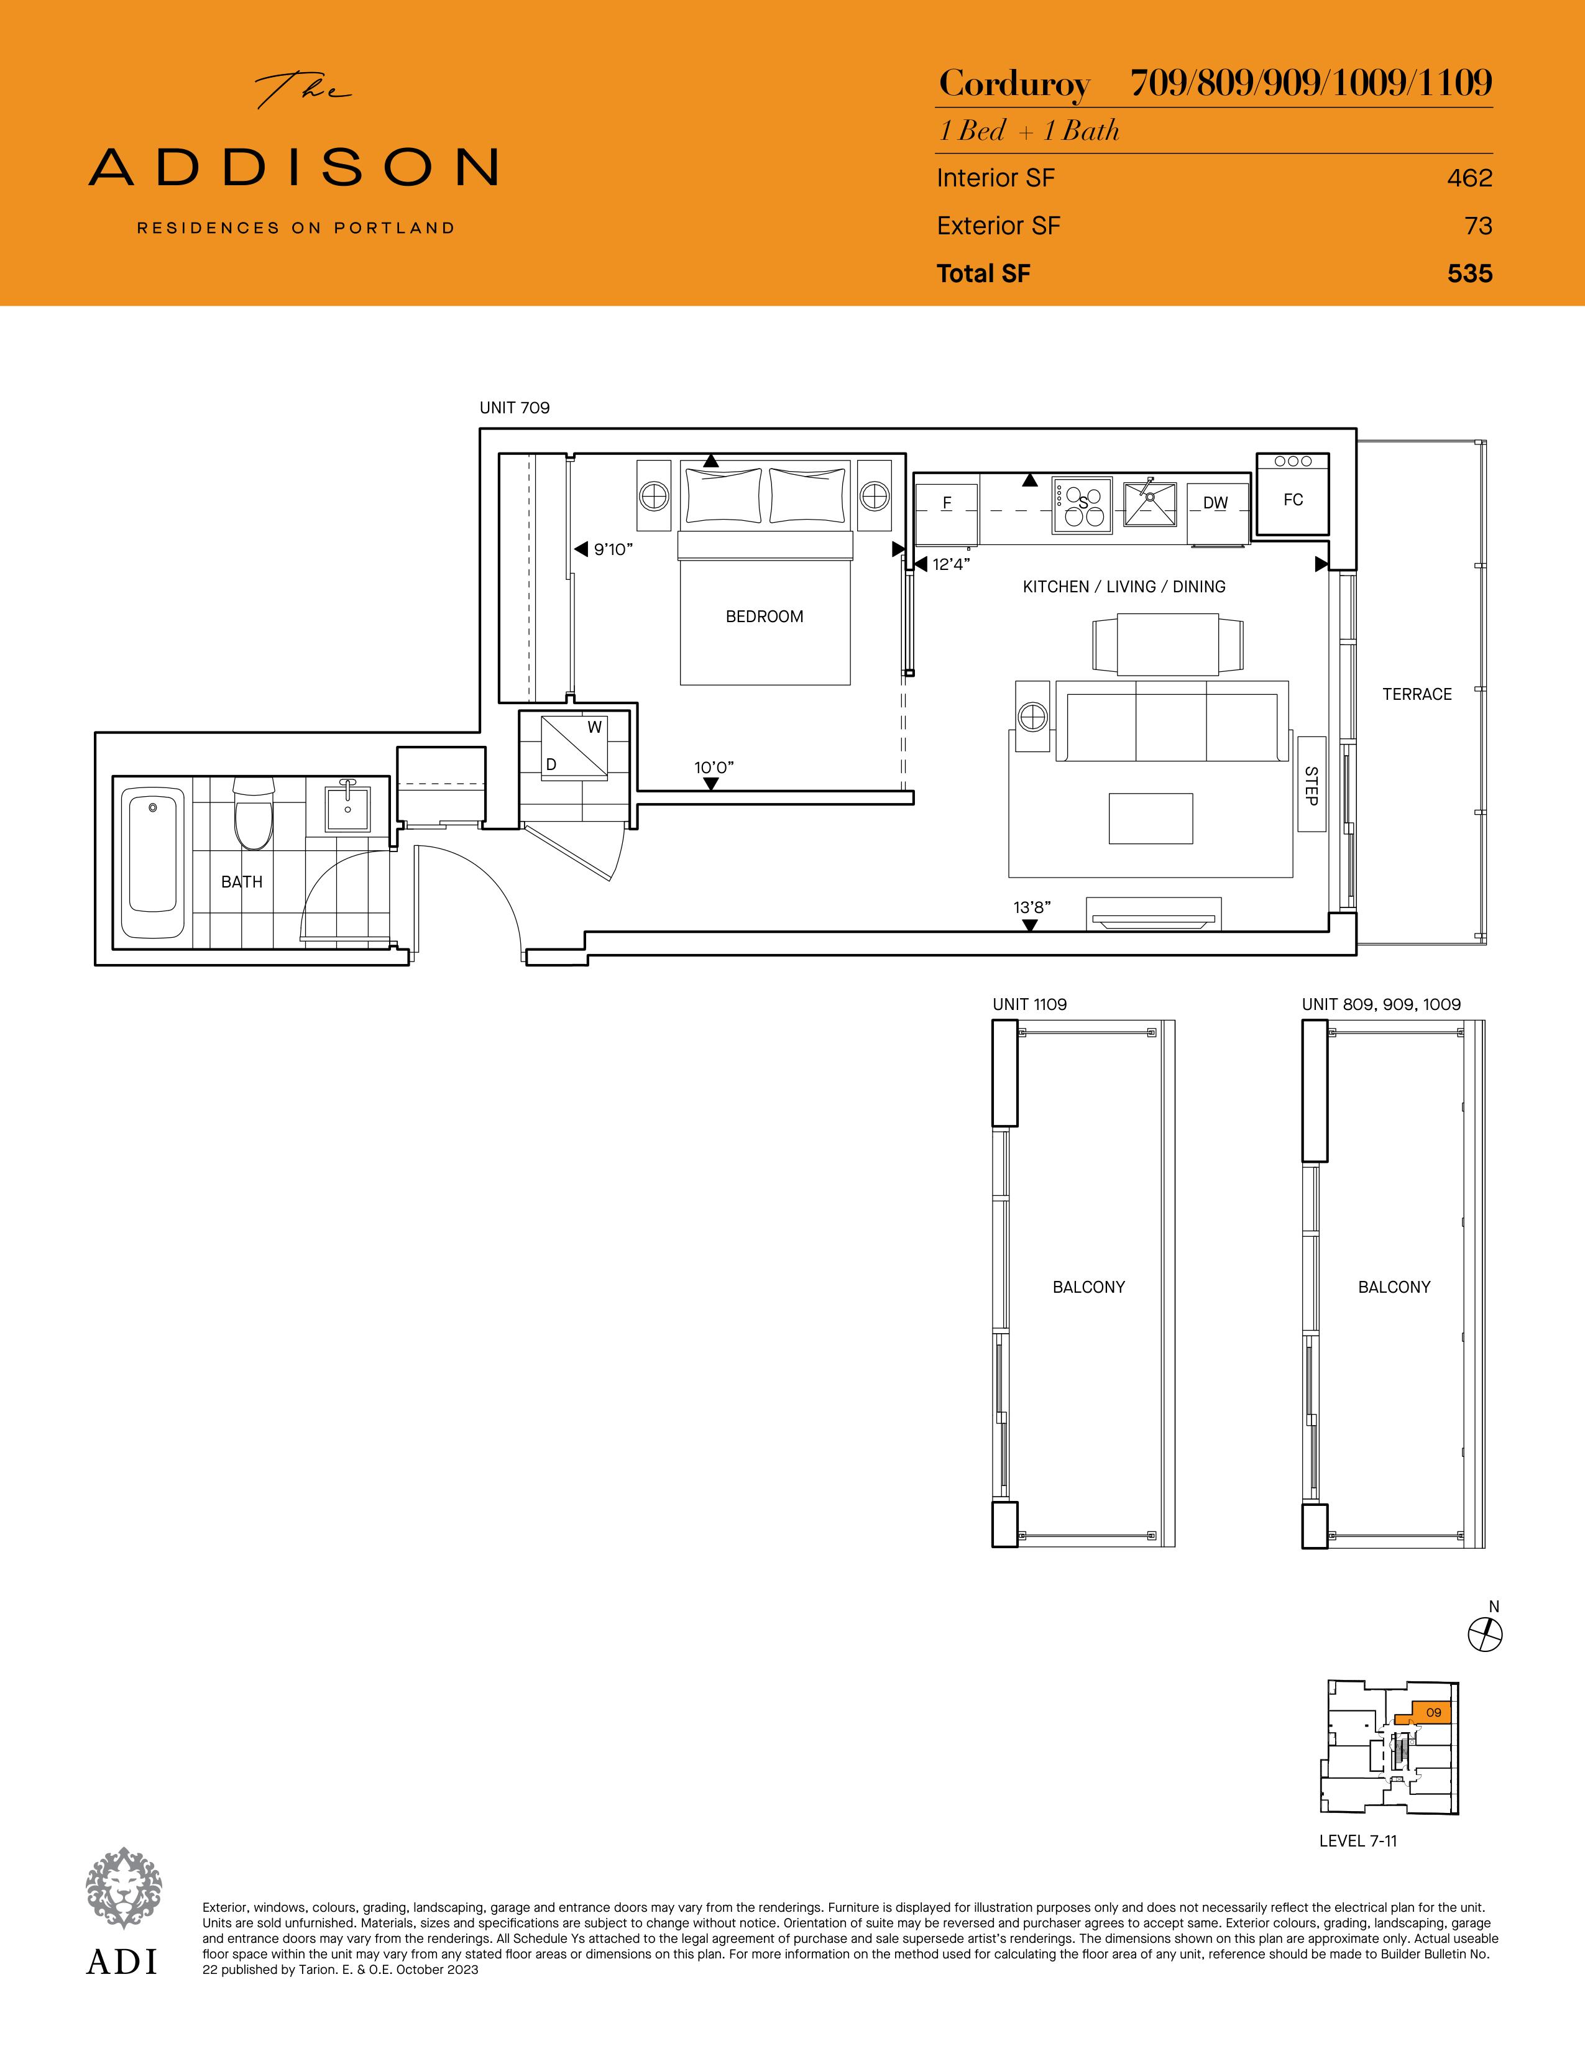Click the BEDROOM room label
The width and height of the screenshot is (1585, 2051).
(765, 617)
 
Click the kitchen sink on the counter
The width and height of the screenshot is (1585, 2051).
(1149, 503)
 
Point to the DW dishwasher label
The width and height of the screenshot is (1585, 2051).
(1215, 503)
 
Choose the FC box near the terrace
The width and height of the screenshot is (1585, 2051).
(1293, 495)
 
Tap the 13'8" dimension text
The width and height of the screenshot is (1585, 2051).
(1032, 907)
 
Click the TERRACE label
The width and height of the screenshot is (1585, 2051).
(1417, 694)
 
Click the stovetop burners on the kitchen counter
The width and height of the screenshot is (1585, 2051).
(1082, 504)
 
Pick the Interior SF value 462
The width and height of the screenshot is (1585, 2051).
(1469, 178)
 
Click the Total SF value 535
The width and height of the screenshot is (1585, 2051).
(1469, 273)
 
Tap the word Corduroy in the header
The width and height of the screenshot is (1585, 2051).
(1014, 85)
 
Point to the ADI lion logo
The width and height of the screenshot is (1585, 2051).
(123, 1889)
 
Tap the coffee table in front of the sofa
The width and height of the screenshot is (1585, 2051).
(1151, 819)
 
